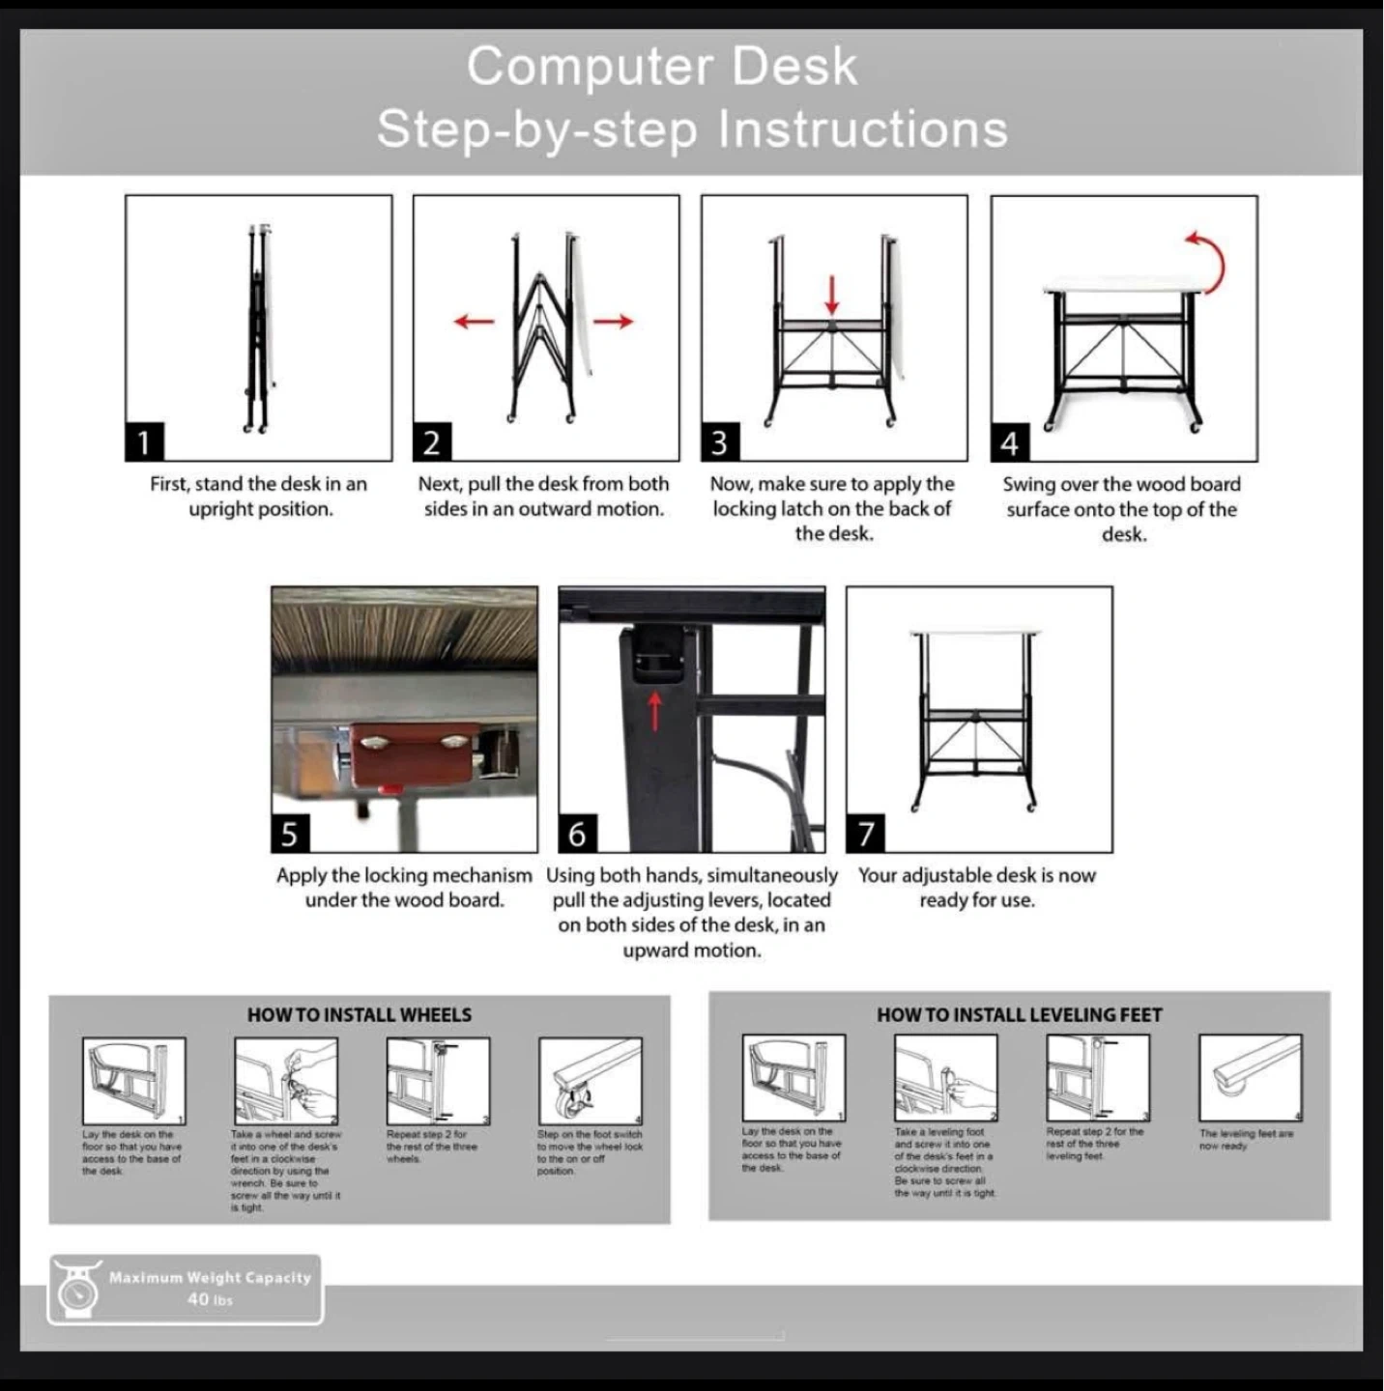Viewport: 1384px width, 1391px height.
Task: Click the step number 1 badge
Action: pyautogui.click(x=144, y=442)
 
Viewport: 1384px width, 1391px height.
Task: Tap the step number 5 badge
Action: pyautogui.click(x=289, y=834)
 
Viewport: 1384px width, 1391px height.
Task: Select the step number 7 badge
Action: pyautogui.click(x=865, y=834)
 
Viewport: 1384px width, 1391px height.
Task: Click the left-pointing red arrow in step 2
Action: pyautogui.click(x=474, y=321)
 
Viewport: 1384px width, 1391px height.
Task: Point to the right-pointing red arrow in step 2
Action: pyautogui.click(x=613, y=321)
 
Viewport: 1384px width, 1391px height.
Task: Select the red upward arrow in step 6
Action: pyautogui.click(x=654, y=710)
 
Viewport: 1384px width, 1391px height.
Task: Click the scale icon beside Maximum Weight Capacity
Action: pyautogui.click(x=75, y=1289)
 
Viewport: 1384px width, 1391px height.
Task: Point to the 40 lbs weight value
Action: pyautogui.click(x=210, y=1300)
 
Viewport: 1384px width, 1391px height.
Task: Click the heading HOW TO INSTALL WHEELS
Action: pyautogui.click(x=360, y=1015)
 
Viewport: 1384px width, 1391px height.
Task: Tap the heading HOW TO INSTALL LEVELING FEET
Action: pyautogui.click(x=1019, y=1015)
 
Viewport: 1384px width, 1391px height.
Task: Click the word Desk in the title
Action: pyautogui.click(x=793, y=67)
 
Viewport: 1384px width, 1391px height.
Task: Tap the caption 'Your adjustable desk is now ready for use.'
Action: pyautogui.click(x=977, y=887)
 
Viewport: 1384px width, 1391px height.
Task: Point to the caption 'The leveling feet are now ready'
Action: pyautogui.click(x=1245, y=1139)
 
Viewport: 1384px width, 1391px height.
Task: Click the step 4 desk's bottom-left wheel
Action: pyautogui.click(x=1050, y=426)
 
